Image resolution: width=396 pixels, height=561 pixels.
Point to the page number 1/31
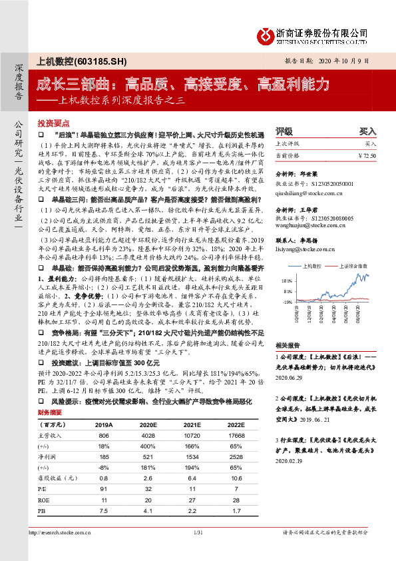pos(198,550)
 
